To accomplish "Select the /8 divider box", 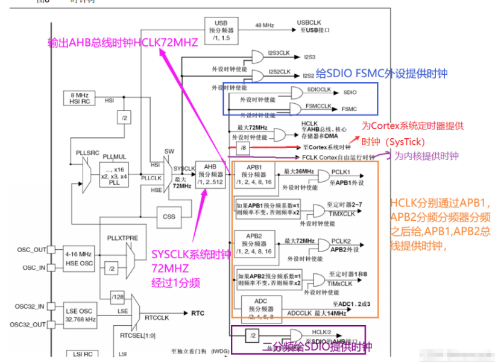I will [x=244, y=147].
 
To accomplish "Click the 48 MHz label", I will [x=265, y=25].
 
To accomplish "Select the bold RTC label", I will [x=198, y=313].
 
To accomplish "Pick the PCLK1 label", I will [x=341, y=172].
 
